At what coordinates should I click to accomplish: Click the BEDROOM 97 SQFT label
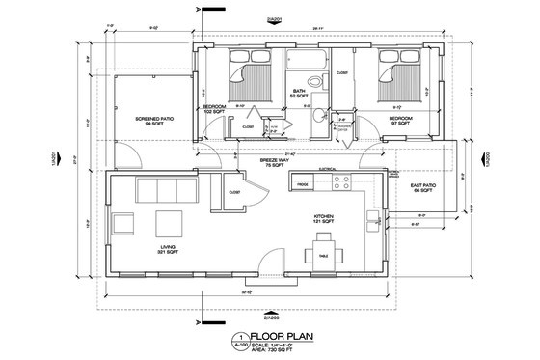[x=401, y=121]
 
